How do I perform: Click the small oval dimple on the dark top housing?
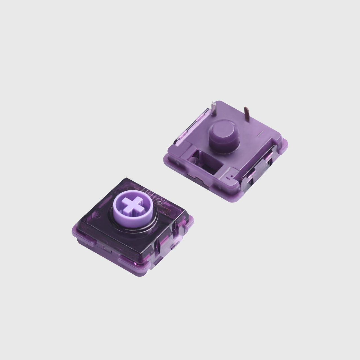(x=97, y=217)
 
